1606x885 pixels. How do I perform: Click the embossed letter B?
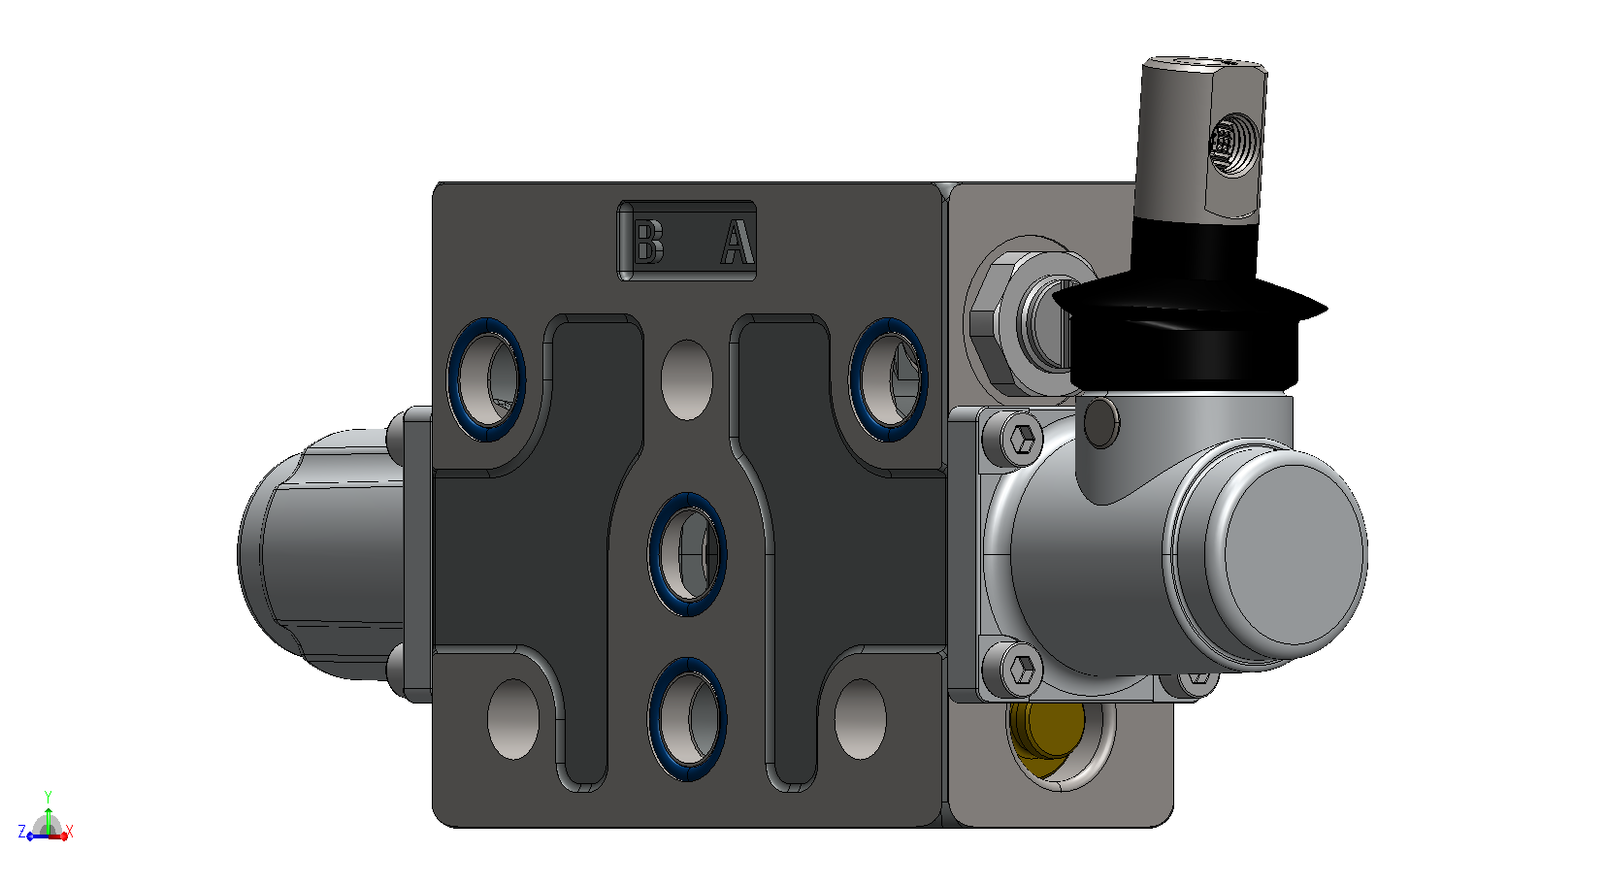(x=649, y=242)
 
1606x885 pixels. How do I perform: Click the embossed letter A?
(x=737, y=242)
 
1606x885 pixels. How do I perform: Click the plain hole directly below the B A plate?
(x=687, y=379)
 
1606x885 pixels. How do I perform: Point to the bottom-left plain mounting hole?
(x=512, y=719)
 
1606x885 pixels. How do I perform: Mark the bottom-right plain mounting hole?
(x=861, y=719)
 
